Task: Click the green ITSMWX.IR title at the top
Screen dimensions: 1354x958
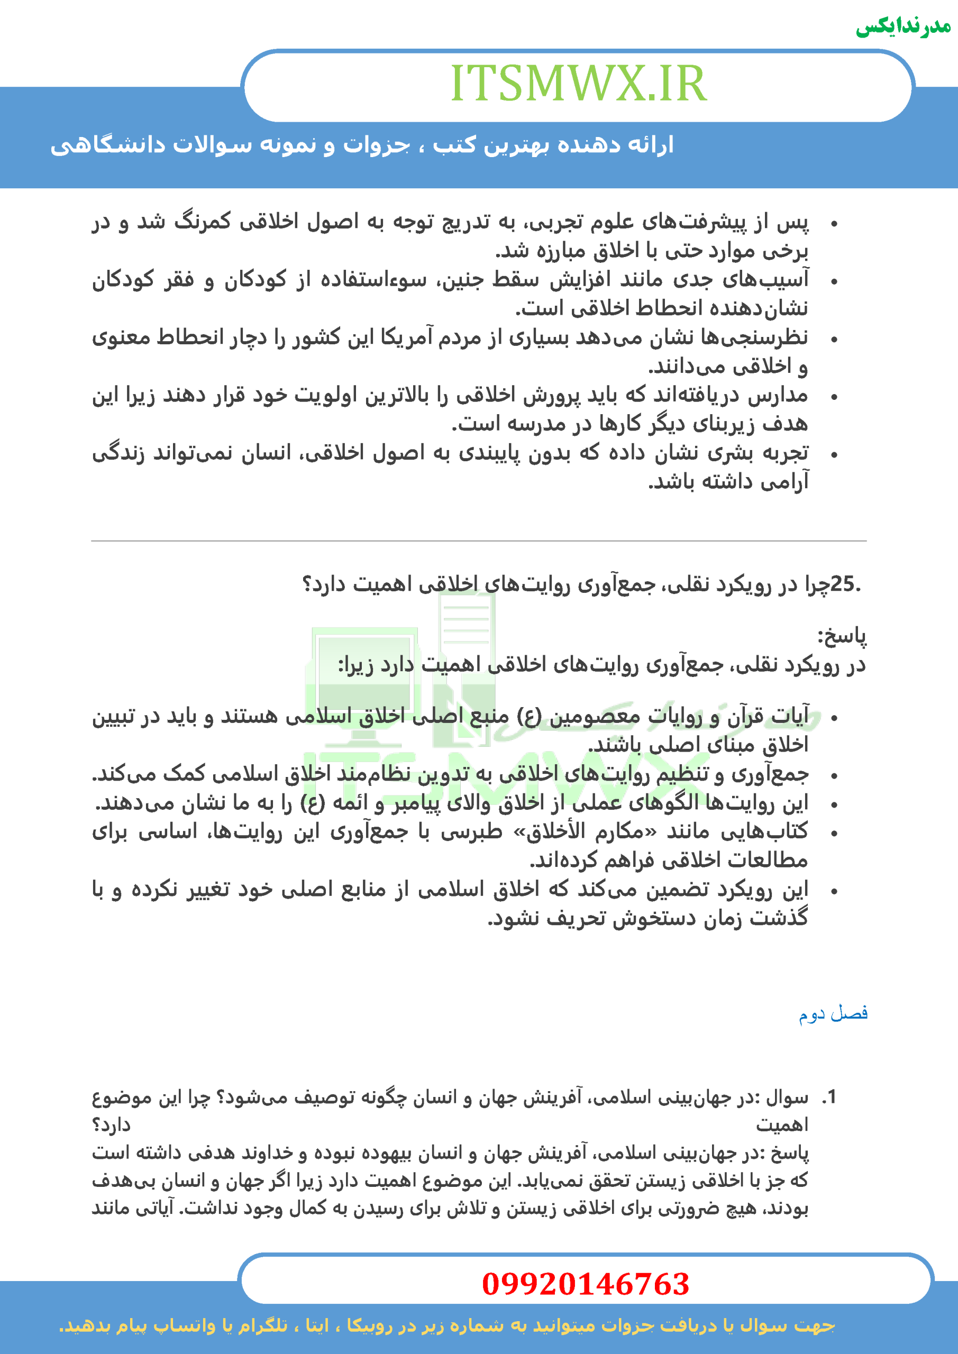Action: [578, 84]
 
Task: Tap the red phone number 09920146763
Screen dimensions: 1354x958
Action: [585, 1284]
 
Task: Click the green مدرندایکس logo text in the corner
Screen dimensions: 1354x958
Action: [902, 26]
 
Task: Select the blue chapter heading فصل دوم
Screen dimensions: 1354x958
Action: [833, 1013]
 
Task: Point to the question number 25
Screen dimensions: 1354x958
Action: [843, 584]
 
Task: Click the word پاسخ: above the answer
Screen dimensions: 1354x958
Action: [842, 636]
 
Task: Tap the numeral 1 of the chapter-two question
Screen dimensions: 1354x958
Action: [831, 1097]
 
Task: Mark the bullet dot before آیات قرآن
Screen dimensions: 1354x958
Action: [834, 718]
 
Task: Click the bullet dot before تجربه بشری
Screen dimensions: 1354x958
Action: [834, 455]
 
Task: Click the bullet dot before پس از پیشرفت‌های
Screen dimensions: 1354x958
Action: [834, 224]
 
